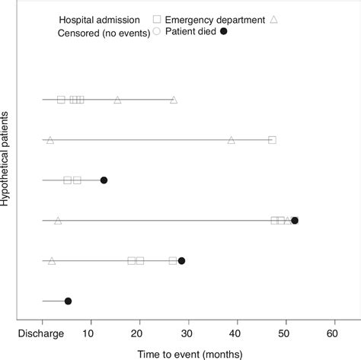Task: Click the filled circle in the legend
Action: point(223,31)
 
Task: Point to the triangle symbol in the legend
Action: point(274,18)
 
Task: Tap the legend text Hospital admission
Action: point(106,18)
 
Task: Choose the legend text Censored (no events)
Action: point(103,31)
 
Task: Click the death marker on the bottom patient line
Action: point(68,301)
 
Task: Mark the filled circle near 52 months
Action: point(295,221)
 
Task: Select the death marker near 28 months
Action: point(181,261)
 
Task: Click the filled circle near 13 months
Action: point(104,180)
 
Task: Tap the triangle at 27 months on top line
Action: point(174,100)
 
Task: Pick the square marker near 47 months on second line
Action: point(272,140)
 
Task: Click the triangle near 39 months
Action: point(232,140)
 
